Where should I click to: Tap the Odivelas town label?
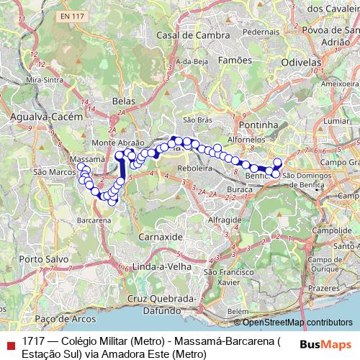tap(301, 63)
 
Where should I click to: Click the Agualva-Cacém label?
tap(43, 115)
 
